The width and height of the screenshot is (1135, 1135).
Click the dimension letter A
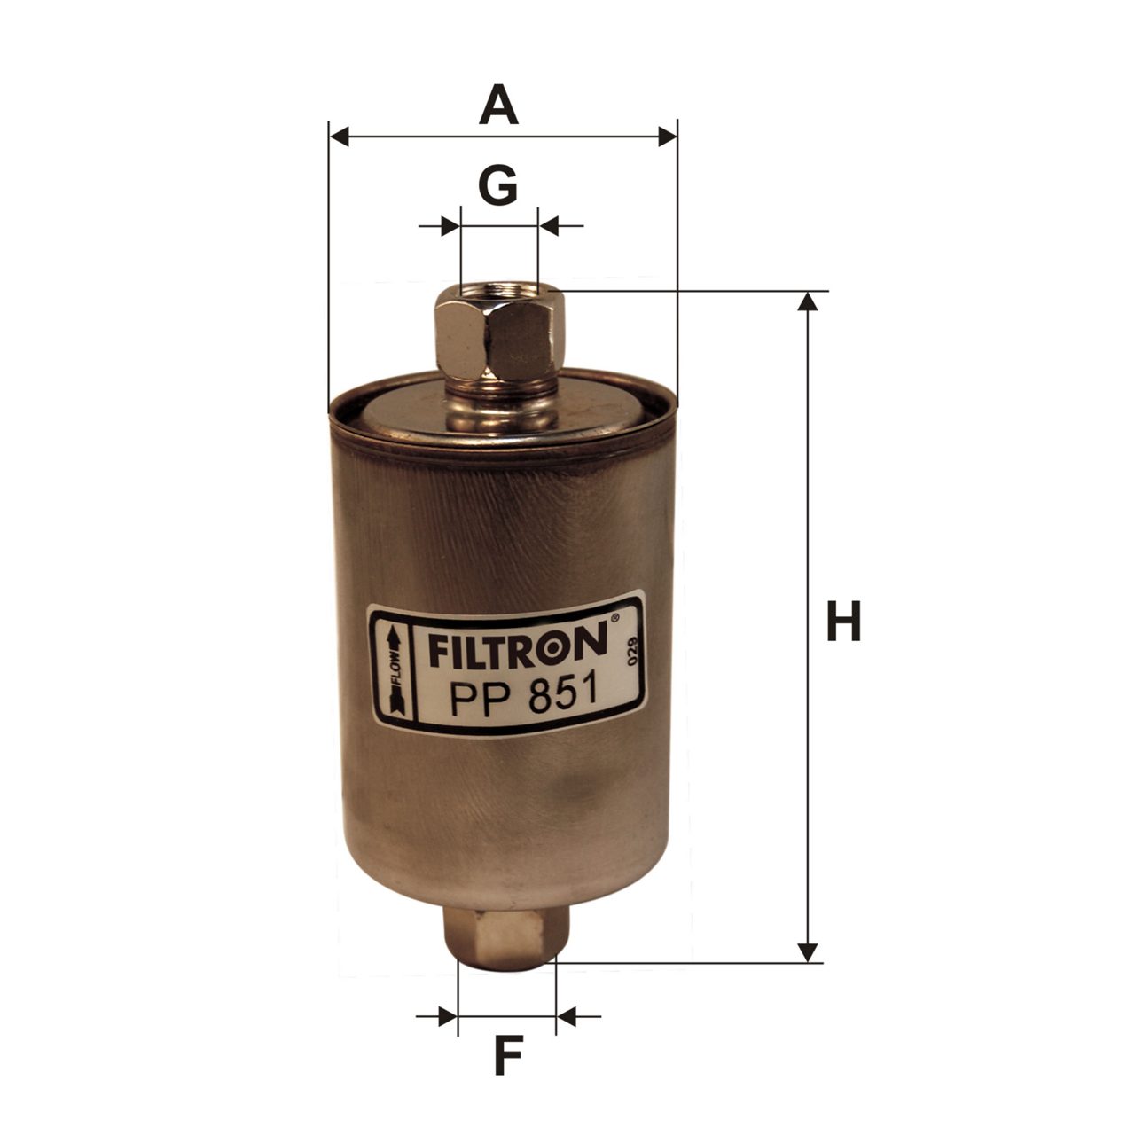(498, 105)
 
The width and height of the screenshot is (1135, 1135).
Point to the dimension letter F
(508, 1054)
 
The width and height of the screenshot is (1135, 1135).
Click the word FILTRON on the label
(517, 645)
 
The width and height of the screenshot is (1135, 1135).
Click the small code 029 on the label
(632, 652)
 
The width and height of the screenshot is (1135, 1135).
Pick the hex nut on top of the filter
(499, 336)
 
